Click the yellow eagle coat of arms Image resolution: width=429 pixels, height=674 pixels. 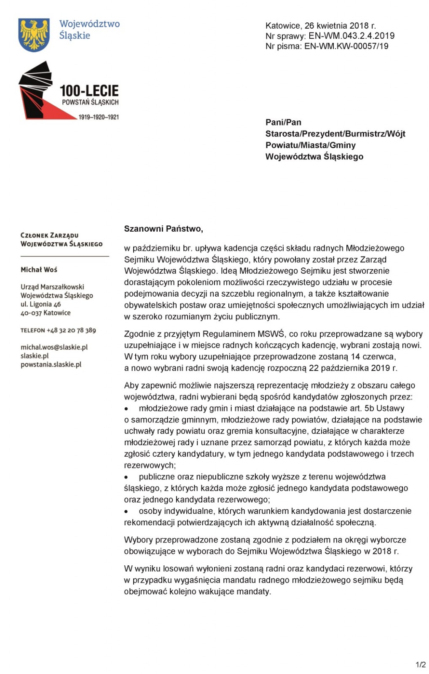(34, 35)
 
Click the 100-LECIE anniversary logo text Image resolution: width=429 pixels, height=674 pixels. (89, 91)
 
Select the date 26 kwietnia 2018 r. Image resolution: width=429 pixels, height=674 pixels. (340, 26)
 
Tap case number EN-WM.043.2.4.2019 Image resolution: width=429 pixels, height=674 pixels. (351, 36)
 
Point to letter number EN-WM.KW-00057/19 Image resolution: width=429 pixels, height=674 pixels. (346, 46)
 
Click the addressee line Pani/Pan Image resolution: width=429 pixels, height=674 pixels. (283, 122)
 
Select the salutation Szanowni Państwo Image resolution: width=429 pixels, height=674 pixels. (163, 229)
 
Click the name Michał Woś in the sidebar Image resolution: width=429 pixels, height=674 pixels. (39, 270)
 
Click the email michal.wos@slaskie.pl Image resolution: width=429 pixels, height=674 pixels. (54, 347)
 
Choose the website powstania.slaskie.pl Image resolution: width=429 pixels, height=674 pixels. (51, 364)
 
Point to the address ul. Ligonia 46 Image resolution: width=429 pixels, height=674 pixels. (40, 304)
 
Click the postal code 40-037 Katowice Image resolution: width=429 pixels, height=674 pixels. (46, 313)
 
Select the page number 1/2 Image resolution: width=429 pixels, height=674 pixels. (421, 665)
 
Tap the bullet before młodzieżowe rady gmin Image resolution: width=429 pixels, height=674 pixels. (126, 409)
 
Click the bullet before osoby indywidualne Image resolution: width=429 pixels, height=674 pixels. (126, 511)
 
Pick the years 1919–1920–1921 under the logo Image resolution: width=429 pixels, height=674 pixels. (99, 117)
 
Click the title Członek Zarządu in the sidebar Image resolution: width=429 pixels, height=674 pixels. (49, 235)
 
